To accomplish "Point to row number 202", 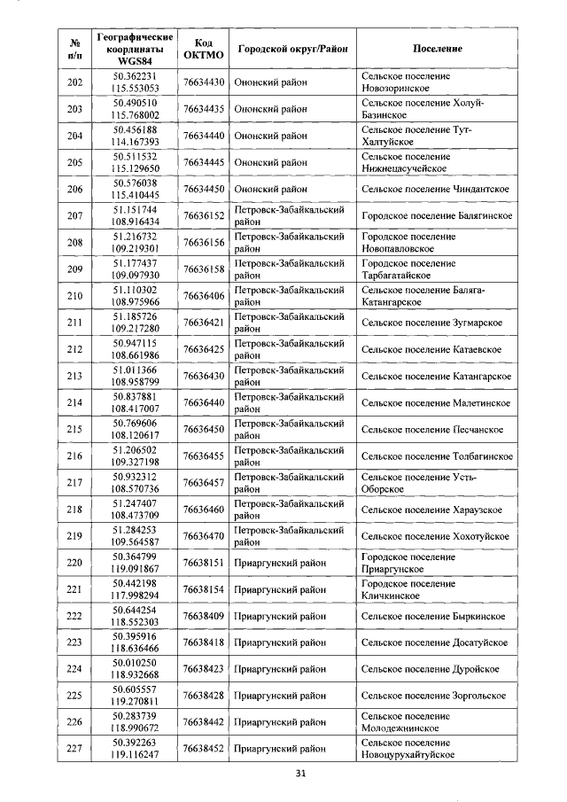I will pos(74,83).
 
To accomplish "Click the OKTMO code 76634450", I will pos(203,190).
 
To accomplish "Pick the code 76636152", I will pos(203,216).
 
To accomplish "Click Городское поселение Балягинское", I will pos(437,216).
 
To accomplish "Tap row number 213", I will pos(74,377).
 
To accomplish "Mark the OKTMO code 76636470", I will pos(203,536).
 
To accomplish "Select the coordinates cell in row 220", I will pos(135,563).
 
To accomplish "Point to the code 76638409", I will pos(203,616).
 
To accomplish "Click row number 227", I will pos(74,749).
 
